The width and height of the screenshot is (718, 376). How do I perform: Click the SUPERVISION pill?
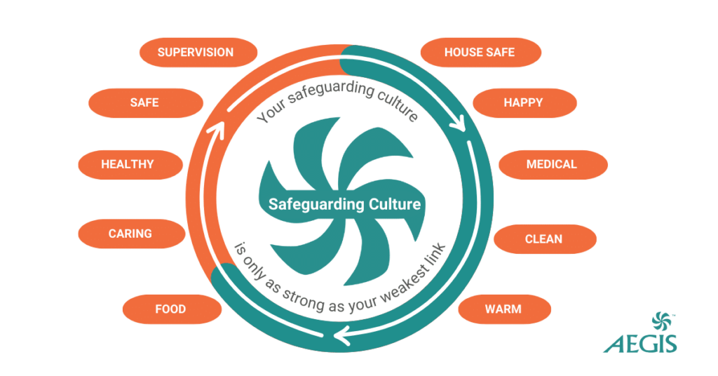coord(196,53)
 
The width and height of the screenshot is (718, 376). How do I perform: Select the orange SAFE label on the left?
coord(144,102)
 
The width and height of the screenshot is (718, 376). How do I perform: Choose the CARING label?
coord(130,234)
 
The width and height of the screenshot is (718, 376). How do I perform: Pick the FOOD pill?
coord(170,309)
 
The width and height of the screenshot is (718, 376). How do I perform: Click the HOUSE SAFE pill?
coord(480,53)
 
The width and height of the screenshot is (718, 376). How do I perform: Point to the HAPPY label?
coord(523,102)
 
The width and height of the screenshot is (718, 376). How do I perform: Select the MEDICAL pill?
coord(552,164)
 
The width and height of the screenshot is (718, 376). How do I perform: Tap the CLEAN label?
coord(543,239)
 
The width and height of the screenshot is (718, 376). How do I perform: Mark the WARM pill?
coord(503,309)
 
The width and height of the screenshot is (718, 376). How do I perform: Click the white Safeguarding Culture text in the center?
coord(345,204)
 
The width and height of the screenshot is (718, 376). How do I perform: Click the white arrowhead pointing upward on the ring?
coord(217,129)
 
